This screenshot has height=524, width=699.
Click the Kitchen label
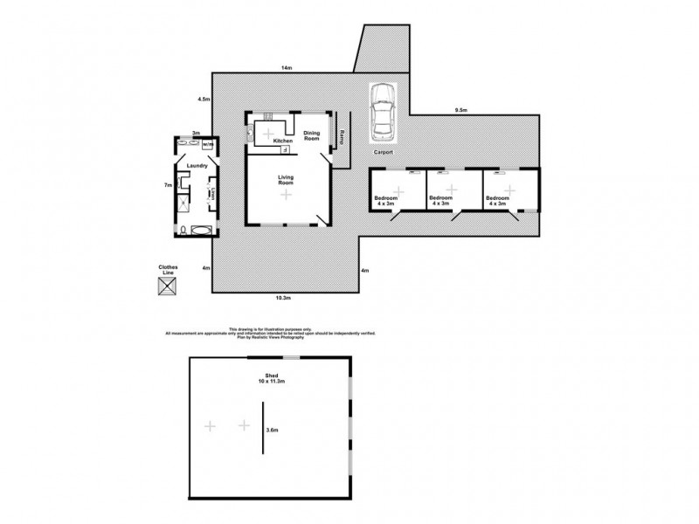click(282, 141)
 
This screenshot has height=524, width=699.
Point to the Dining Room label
click(312, 135)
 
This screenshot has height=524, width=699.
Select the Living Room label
click(286, 180)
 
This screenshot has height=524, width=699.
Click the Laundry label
click(196, 164)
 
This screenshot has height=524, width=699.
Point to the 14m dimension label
click(286, 67)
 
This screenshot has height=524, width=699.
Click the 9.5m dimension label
click(460, 109)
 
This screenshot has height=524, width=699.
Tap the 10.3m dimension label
click(283, 298)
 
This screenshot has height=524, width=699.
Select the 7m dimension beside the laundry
click(167, 185)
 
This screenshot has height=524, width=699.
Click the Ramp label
click(342, 136)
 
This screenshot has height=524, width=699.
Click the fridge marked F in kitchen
click(285, 150)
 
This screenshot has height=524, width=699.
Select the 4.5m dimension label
click(204, 100)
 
